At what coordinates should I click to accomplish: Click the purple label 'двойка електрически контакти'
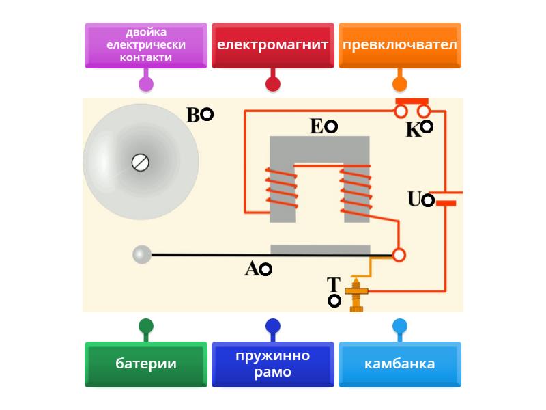pyautogui.click(x=145, y=45)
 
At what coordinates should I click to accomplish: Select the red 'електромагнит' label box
pyautogui.click(x=272, y=45)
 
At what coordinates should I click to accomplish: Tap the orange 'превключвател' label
pyautogui.click(x=399, y=45)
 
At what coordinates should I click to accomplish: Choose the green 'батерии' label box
pyautogui.click(x=145, y=364)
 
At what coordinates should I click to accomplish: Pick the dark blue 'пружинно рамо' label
pyautogui.click(x=272, y=364)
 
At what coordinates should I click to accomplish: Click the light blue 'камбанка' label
pyautogui.click(x=399, y=364)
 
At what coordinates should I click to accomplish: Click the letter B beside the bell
pyautogui.click(x=194, y=115)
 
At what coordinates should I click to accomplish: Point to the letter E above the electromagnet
pyautogui.click(x=316, y=126)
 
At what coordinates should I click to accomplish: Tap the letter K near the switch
pyautogui.click(x=414, y=130)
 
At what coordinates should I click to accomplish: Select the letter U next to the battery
pyautogui.click(x=414, y=200)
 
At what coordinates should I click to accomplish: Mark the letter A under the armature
pyautogui.click(x=252, y=269)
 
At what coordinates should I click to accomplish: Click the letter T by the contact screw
pyautogui.click(x=333, y=284)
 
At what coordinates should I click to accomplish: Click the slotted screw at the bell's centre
pyautogui.click(x=140, y=163)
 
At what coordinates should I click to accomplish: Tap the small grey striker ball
pyautogui.click(x=141, y=255)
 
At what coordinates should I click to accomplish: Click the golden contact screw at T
pyautogui.click(x=356, y=294)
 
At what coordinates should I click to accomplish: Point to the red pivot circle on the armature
pyautogui.click(x=399, y=255)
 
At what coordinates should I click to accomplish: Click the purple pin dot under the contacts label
pyautogui.click(x=145, y=84)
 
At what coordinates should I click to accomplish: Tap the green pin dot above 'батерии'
pyautogui.click(x=145, y=326)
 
